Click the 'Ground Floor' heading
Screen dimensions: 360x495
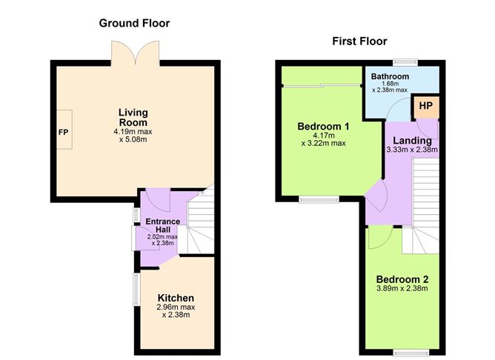pyautogui.click(x=134, y=23)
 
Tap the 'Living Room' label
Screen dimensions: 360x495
pyautogui.click(x=133, y=117)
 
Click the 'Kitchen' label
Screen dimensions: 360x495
pyautogui.click(x=176, y=298)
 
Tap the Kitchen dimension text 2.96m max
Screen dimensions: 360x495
pyautogui.click(x=176, y=307)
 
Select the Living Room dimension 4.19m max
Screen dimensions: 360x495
pyautogui.click(x=134, y=133)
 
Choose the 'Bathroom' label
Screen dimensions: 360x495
pyautogui.click(x=390, y=76)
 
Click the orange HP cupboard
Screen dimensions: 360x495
pyautogui.click(x=425, y=107)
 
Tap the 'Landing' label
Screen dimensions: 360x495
pyautogui.click(x=412, y=140)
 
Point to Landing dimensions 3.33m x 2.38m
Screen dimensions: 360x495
pyautogui.click(x=412, y=150)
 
